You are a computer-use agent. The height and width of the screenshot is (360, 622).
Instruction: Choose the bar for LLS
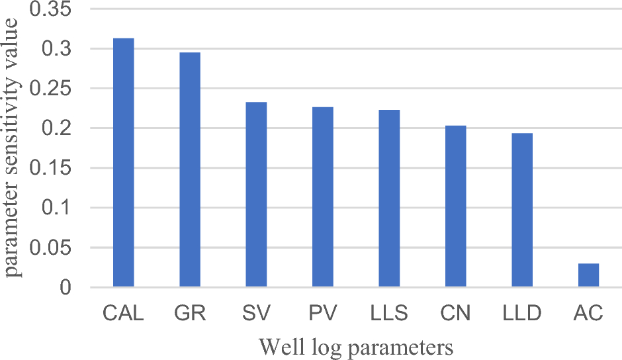click(x=389, y=199)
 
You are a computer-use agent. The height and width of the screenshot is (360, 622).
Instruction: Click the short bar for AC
click(x=588, y=275)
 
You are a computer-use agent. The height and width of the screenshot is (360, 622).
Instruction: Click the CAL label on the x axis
click(x=124, y=313)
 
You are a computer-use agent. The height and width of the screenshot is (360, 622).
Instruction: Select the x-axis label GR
click(x=190, y=313)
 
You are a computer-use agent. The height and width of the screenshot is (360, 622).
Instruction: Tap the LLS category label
click(x=389, y=313)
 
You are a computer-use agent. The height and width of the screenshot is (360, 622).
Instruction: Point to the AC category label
click(x=588, y=313)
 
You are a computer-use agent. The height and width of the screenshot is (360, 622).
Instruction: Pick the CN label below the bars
click(x=455, y=313)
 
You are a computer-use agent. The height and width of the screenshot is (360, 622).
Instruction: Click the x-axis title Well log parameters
click(x=356, y=346)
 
